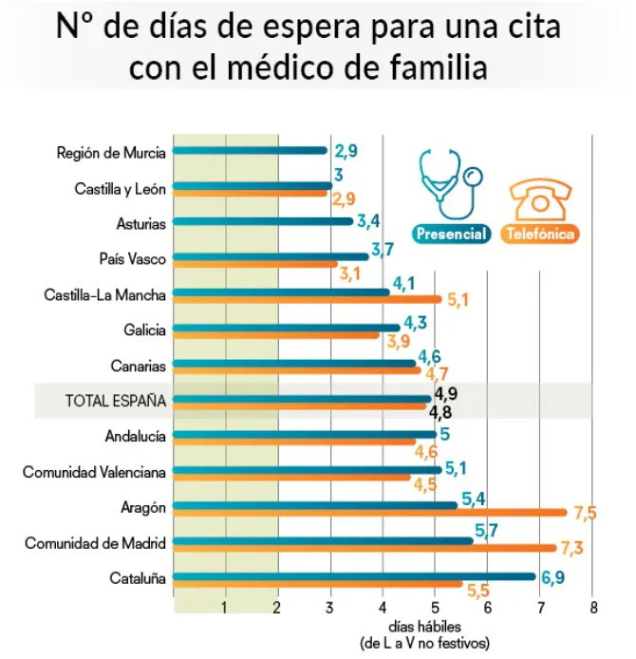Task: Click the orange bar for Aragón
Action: (x=370, y=513)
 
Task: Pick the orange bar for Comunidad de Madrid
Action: (x=365, y=548)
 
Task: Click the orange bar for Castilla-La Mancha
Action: (x=308, y=299)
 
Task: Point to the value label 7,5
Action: (x=585, y=514)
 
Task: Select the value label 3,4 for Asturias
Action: (x=369, y=222)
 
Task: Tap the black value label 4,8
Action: (x=440, y=413)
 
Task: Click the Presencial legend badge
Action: (x=450, y=234)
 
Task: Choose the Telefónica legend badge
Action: (x=542, y=234)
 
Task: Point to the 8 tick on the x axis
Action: (x=592, y=608)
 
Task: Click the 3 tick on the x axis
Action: (x=330, y=608)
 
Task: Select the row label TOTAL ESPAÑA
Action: (x=115, y=401)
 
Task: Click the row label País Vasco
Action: (x=133, y=257)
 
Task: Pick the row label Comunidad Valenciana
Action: (x=95, y=472)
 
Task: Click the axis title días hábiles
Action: (x=424, y=628)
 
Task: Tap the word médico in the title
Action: (x=299, y=68)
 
